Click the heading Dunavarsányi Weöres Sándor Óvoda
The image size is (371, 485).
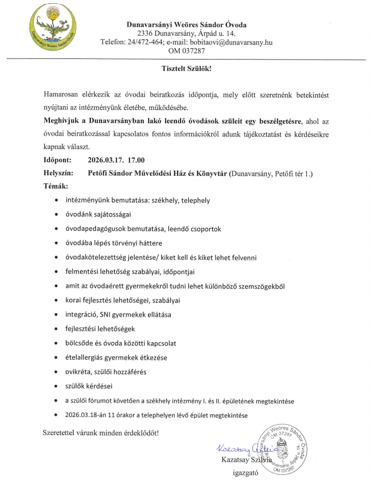[x=185, y=24]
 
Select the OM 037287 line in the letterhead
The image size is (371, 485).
[x=186, y=51]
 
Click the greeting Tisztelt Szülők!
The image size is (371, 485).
[x=186, y=69]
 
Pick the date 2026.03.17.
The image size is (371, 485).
[x=109, y=159]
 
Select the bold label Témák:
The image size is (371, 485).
[x=56, y=185]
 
